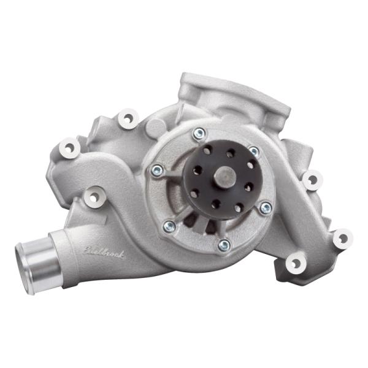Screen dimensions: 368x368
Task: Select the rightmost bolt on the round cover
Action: [x=265, y=208]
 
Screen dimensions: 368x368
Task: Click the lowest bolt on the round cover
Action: [x=224, y=245]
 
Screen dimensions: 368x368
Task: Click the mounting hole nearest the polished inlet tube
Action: [x=93, y=197]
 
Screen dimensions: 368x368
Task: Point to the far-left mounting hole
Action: [x=69, y=147]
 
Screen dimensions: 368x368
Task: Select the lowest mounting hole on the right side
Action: [x=296, y=264]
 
